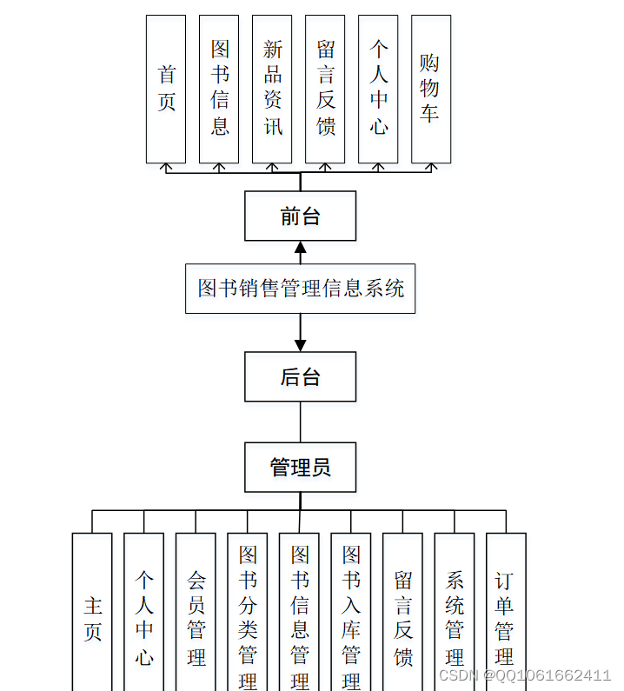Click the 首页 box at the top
166,89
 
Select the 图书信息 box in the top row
219,89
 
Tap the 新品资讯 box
272,89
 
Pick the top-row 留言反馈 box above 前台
325,89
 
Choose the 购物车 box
430,89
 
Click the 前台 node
300,216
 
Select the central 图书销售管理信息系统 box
300,289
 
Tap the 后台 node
300,376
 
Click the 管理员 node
300,468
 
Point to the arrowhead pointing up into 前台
301,249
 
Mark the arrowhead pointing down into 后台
301,344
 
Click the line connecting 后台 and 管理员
301,422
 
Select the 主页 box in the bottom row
92,617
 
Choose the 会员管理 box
196,617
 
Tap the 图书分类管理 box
248,617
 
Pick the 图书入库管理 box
351,617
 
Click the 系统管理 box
455,617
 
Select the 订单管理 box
505,617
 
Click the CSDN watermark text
524,675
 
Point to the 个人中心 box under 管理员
144,617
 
